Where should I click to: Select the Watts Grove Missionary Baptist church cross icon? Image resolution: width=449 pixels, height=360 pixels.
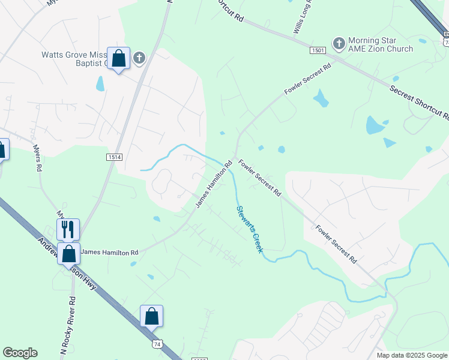[139, 58]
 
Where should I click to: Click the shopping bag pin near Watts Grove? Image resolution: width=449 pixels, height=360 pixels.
[119, 59]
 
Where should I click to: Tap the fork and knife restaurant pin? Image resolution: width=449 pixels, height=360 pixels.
[68, 229]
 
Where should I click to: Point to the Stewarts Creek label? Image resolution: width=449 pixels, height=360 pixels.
[247, 229]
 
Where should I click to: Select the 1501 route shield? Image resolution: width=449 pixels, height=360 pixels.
[318, 51]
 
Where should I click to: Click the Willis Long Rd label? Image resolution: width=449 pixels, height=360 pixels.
[303, 17]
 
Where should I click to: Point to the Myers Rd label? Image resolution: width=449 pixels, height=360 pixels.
[38, 158]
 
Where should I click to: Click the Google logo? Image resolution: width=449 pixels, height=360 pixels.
[20, 353]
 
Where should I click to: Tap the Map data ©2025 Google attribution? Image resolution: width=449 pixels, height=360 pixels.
[412, 355]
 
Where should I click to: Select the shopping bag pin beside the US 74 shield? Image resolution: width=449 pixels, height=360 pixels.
[151, 316]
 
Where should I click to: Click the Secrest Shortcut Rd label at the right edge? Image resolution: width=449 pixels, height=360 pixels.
[420, 102]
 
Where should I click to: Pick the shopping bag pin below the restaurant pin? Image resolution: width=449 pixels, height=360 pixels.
[69, 254]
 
